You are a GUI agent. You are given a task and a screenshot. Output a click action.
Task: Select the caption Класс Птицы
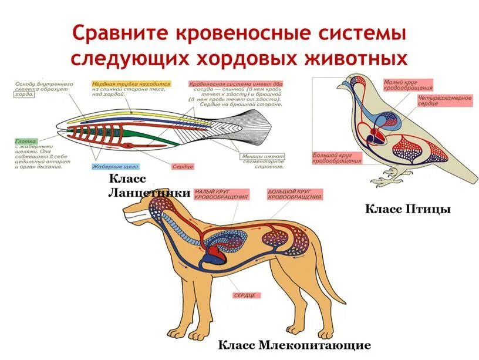pos(408,209)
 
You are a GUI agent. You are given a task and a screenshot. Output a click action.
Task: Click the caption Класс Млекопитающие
pos(295,345)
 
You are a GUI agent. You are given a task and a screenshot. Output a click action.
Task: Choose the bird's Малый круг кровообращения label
pos(408,85)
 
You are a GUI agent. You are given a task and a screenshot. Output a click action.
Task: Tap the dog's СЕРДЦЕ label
pos(247,295)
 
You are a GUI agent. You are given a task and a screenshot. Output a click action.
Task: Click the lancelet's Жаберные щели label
pos(115,167)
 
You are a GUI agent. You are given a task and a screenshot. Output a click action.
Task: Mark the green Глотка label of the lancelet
pos(26,141)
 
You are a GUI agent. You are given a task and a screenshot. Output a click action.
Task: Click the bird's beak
pos(340,86)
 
